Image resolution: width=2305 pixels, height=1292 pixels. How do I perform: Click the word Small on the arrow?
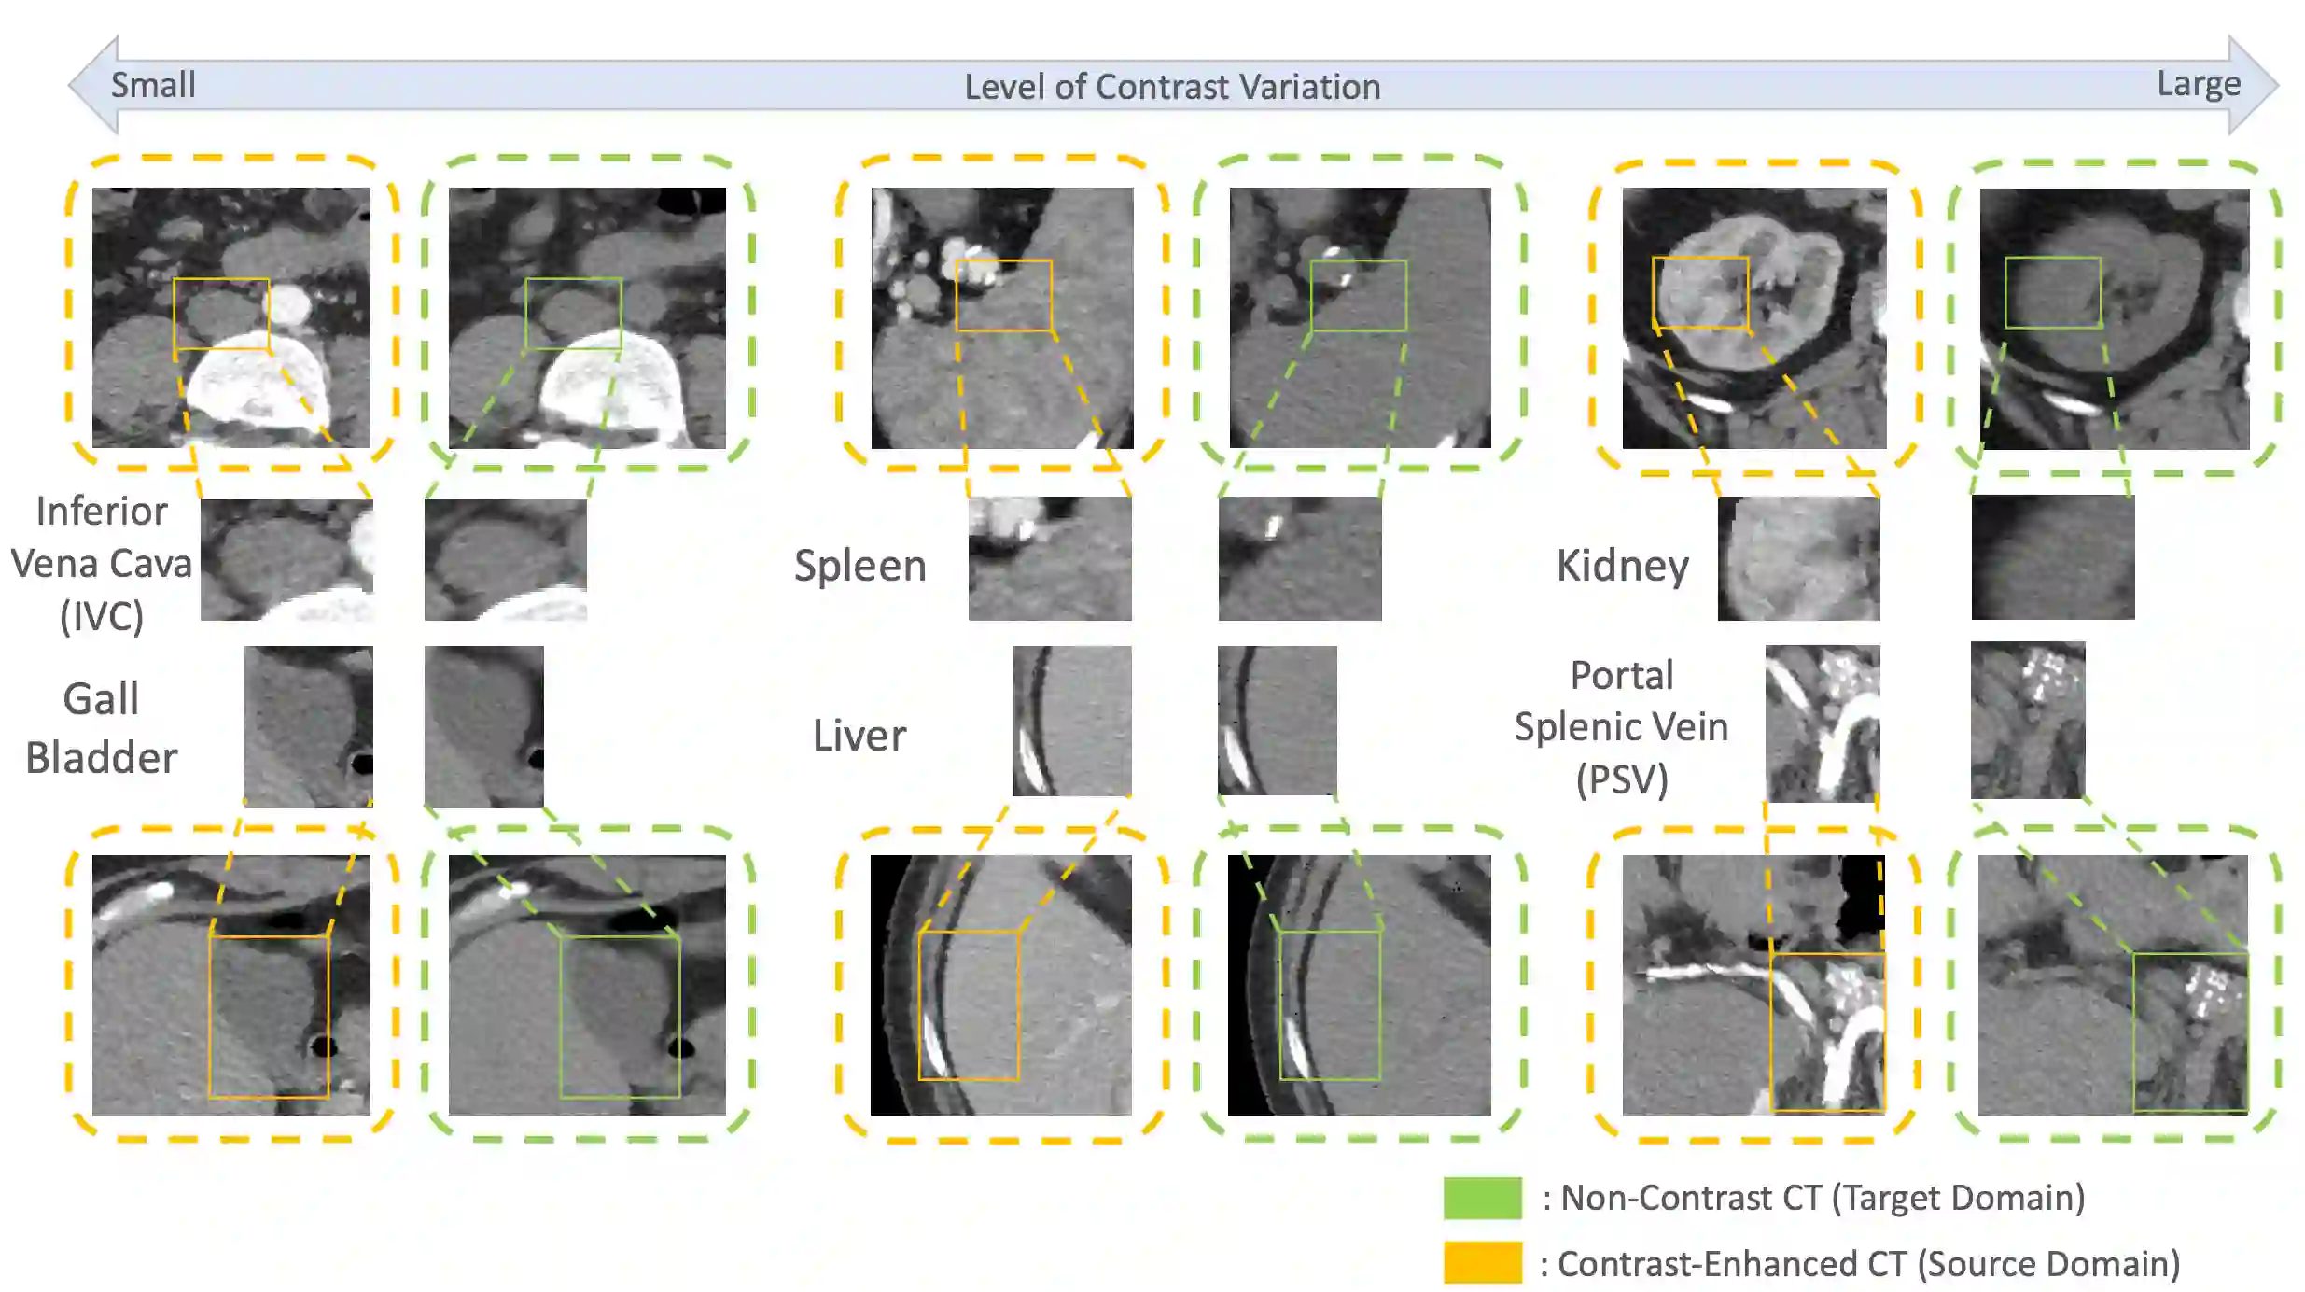click(153, 85)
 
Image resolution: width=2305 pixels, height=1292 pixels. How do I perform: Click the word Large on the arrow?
click(2198, 84)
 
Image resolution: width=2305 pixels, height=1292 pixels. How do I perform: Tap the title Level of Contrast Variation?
click(1171, 87)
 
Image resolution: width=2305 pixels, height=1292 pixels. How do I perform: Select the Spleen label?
click(859, 566)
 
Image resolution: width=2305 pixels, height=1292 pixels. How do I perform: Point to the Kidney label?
click(1622, 566)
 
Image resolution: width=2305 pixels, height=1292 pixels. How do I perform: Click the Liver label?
click(859, 736)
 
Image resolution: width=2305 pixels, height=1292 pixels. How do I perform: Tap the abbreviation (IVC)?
click(102, 616)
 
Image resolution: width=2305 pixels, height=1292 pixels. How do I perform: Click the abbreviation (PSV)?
click(1622, 779)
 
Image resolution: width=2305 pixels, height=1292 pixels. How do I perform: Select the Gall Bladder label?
click(101, 728)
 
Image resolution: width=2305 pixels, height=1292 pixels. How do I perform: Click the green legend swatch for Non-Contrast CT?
click(1482, 1198)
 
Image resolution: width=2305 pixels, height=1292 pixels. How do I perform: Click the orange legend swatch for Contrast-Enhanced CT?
click(1482, 1262)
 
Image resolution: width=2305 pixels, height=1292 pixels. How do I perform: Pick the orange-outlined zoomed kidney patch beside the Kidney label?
click(1798, 558)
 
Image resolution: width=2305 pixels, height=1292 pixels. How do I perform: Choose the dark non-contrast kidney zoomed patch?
click(2052, 557)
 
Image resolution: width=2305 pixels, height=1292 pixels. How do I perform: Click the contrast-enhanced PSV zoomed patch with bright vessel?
click(1822, 723)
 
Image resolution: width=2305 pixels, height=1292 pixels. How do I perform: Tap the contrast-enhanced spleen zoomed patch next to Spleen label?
click(1049, 558)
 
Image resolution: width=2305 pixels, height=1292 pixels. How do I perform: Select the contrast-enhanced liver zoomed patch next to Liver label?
click(1071, 721)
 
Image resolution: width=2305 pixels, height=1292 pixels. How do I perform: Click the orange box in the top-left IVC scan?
click(221, 314)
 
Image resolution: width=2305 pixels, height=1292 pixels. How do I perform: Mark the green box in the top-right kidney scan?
click(2053, 292)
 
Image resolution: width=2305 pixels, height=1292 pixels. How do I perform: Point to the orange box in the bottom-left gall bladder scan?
click(269, 1017)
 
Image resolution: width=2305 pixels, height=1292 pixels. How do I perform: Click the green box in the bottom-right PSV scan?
click(2190, 1032)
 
